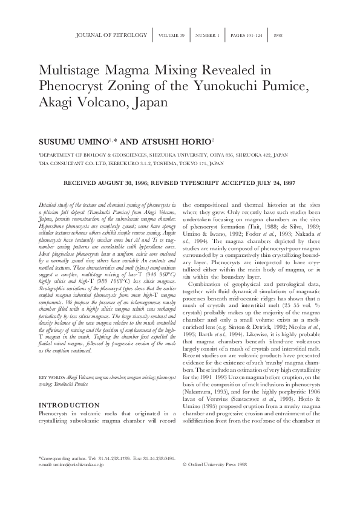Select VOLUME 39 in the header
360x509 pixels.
coord(172,36)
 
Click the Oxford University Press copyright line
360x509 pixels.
coord(215,482)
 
